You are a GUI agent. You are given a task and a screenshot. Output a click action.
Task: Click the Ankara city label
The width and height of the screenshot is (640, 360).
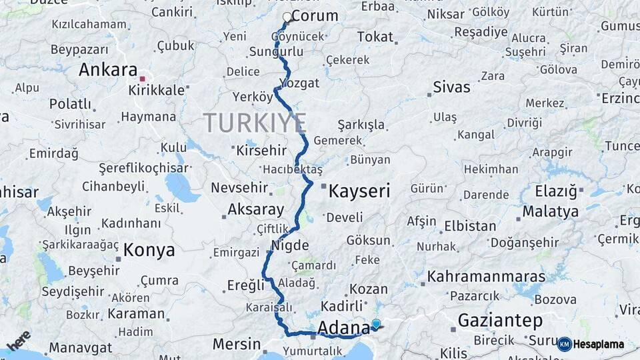point(108,70)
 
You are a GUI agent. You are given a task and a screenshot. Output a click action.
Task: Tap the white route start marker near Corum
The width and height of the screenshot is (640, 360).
point(287,17)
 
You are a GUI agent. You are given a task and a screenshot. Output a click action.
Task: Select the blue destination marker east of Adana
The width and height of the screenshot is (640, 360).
point(376,325)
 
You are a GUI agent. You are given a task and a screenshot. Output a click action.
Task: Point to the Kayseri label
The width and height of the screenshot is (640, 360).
point(359,191)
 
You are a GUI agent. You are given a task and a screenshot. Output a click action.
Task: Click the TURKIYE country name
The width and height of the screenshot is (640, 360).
point(255,123)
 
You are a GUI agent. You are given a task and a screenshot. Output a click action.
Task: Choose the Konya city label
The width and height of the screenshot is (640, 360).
point(149,251)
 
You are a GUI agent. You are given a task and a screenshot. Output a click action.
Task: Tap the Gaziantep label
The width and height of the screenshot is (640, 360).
point(500,321)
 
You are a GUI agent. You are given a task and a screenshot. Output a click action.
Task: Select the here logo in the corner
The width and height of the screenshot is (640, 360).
point(19,340)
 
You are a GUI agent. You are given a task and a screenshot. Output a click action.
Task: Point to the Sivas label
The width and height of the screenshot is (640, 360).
point(451,87)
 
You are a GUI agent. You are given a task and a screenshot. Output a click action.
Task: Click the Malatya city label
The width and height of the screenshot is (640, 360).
point(550,212)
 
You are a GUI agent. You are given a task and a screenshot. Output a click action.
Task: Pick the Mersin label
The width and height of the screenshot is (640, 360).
point(237,345)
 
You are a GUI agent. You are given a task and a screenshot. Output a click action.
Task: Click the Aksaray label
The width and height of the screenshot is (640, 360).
point(256,209)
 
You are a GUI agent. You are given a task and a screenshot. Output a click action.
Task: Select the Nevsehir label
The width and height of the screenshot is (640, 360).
point(239,188)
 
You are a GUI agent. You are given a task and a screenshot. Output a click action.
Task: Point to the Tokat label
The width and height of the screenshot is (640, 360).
point(375,37)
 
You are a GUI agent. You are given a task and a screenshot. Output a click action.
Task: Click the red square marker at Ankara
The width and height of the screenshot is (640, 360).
point(142,79)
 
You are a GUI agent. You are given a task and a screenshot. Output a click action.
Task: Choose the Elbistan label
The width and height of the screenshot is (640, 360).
point(470,225)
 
